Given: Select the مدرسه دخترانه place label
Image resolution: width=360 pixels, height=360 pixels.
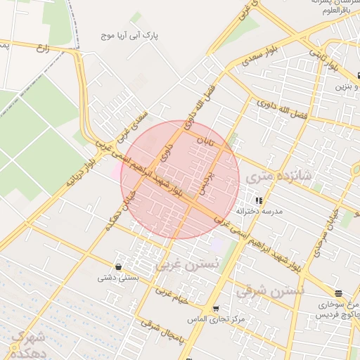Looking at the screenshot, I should tap(259, 211).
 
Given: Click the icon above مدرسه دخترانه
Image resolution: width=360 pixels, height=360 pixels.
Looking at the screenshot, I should tap(259, 200).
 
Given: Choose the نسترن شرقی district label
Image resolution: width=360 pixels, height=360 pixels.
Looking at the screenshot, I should tap(270, 289).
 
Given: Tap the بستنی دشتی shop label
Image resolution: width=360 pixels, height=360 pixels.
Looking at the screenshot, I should tap(116, 278).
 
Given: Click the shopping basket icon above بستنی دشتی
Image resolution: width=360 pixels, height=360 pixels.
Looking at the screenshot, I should tap(117, 267).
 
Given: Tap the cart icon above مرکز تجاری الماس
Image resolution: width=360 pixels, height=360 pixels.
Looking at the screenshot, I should tap(216, 309).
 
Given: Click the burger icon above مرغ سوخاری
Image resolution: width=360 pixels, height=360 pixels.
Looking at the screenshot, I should tap(338, 293).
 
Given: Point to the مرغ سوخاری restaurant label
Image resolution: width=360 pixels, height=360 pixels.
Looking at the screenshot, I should tap(337, 304).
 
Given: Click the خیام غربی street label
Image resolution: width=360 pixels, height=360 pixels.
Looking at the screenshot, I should tap(173, 295).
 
